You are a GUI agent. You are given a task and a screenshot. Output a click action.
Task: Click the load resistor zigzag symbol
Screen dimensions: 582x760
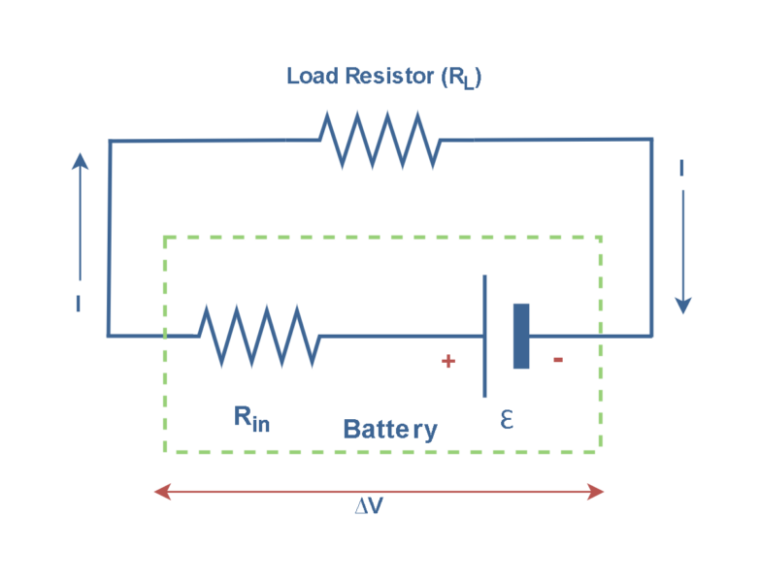pos(380,140)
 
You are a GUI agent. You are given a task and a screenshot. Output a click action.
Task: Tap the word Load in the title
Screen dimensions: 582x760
pos(311,76)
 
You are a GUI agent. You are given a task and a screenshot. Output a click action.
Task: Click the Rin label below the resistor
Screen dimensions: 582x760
pos(251,418)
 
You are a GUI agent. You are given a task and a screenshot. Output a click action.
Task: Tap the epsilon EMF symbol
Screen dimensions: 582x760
pos(506,419)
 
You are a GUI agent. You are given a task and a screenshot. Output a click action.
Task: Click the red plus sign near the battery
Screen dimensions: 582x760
pos(447,362)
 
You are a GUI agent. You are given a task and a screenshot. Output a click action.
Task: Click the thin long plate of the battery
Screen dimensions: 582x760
pos(484,336)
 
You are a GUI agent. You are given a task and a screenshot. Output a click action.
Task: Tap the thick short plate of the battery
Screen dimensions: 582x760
pos(521,336)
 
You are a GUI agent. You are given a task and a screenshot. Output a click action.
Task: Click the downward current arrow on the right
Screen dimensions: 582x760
pos(682,252)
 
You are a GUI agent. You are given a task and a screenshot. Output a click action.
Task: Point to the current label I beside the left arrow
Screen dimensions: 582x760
pos(78,304)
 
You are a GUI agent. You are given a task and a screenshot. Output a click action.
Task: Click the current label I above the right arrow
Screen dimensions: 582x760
pos(682,170)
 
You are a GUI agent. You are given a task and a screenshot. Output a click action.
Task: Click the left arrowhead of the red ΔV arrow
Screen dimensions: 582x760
pos(162,492)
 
